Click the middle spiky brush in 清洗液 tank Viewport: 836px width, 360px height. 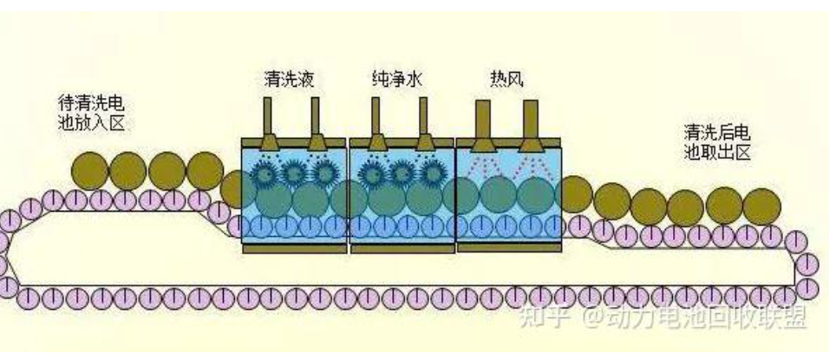[x=294, y=173]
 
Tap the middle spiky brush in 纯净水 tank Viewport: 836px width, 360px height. [x=400, y=173]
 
